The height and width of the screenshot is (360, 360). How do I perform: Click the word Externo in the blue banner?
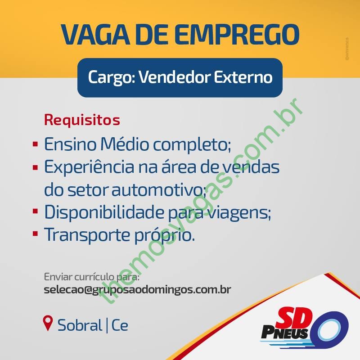point(243,77)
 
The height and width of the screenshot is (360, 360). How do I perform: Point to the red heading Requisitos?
point(82,120)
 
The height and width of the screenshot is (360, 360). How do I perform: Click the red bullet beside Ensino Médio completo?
point(35,144)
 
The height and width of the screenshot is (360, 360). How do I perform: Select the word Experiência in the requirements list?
point(89,167)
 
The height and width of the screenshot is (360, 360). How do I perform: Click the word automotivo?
point(159,190)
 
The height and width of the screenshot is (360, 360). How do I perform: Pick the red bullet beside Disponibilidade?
point(35,211)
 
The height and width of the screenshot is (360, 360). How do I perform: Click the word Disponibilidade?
point(104,212)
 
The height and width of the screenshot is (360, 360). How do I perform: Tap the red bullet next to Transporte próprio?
point(35,234)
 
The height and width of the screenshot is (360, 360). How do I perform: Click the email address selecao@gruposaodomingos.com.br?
point(137,290)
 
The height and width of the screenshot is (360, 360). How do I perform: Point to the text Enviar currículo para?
point(92,277)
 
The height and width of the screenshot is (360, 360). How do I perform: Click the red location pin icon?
point(48,323)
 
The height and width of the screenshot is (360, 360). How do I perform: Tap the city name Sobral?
point(80,325)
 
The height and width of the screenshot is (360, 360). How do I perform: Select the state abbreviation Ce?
point(120,325)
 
